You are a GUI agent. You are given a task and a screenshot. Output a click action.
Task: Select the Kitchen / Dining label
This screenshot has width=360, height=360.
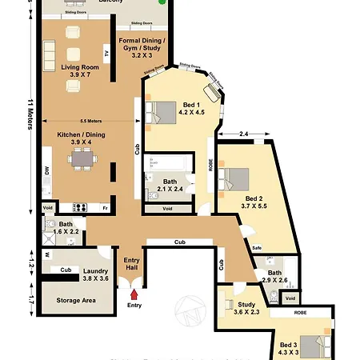tap(79, 137)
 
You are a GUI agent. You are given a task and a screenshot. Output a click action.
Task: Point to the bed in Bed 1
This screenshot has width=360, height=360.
tap(165, 113)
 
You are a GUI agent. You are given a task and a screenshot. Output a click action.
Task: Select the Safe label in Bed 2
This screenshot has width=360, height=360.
tap(257, 247)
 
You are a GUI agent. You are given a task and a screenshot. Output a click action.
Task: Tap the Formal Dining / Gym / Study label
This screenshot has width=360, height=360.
tap(142, 47)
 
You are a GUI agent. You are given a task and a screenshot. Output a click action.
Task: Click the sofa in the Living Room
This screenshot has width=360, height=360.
tap(49, 55)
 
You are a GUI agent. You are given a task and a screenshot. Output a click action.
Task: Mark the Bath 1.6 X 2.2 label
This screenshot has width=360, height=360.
tap(65, 228)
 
